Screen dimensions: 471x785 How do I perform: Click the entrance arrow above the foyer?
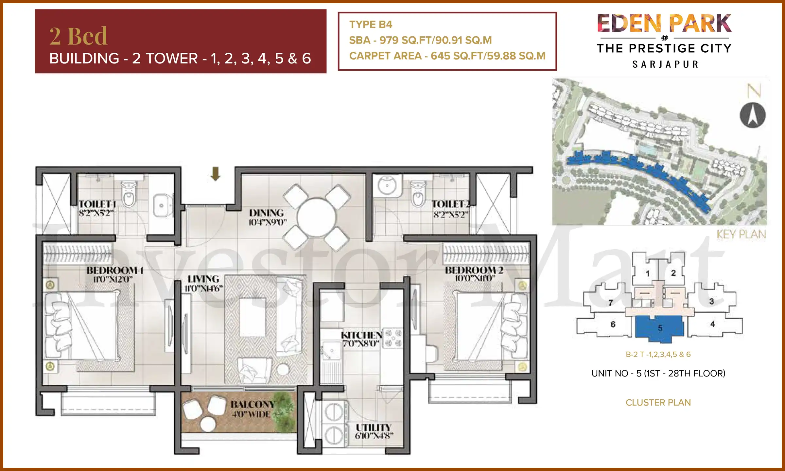tap(215, 174)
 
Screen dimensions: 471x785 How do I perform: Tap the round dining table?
tap(316, 217)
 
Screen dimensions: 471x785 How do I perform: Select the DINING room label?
tap(267, 213)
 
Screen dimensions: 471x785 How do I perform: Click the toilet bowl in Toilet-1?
tap(129, 195)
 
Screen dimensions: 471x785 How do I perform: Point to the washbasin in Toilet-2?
tap(387, 185)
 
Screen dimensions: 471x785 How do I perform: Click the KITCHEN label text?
tap(361, 335)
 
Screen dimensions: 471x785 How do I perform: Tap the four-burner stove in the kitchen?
tap(393, 338)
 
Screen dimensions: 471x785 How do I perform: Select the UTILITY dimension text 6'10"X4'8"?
tap(374, 436)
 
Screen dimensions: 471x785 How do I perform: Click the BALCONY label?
tap(253, 405)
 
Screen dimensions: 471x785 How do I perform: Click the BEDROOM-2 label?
tap(474, 270)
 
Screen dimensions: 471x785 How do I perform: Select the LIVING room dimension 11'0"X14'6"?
tap(203, 288)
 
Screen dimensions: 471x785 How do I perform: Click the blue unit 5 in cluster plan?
tap(659, 328)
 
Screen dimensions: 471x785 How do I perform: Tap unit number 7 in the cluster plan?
tap(610, 303)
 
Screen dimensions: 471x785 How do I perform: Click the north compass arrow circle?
tap(752, 115)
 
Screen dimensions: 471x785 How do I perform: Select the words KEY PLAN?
tap(741, 234)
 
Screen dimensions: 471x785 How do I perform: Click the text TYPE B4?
tap(371, 25)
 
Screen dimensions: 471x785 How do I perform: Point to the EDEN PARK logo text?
tap(664, 24)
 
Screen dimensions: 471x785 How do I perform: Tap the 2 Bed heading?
tap(78, 36)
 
